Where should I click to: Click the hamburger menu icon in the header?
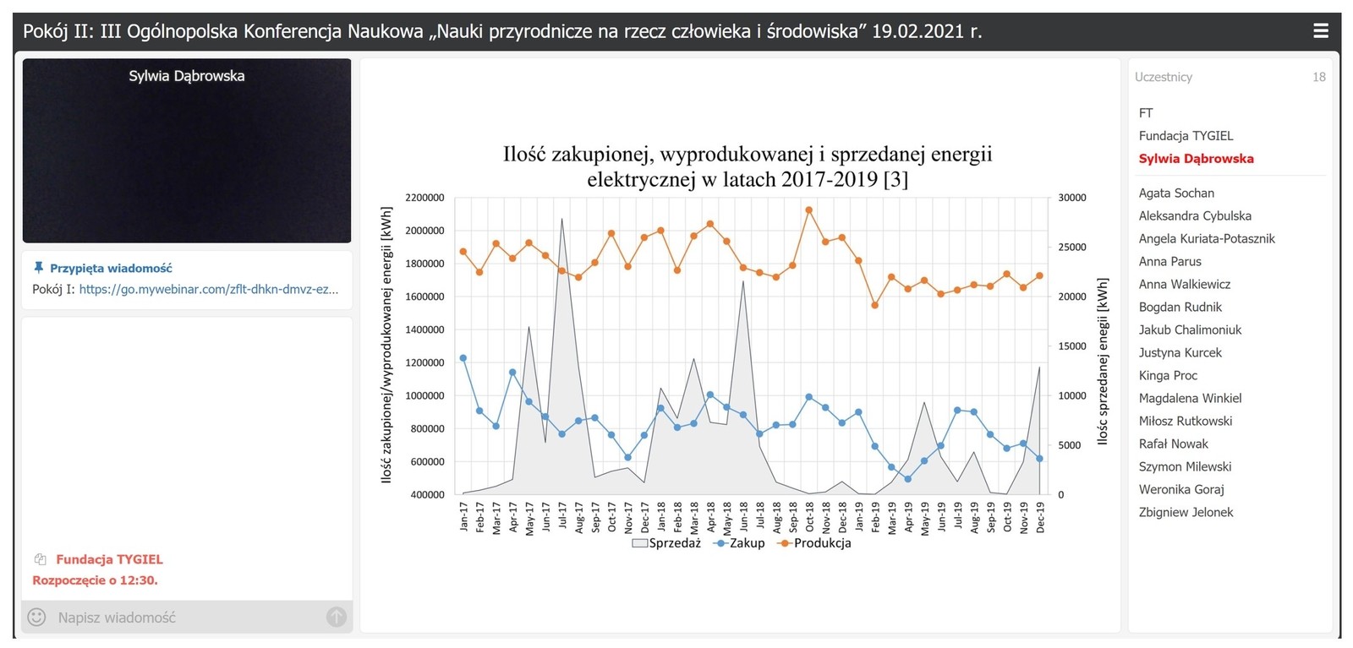pos(1320,31)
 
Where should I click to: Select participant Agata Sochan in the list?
pos(1175,193)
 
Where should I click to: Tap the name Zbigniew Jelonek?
pos(1186,513)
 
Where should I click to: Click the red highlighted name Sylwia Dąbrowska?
pos(1196,159)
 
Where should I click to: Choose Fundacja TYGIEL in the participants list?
pos(1186,136)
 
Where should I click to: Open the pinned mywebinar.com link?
pos(209,289)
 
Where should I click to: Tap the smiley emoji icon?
pos(36,618)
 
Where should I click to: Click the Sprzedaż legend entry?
pos(666,543)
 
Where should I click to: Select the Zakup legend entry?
pos(741,543)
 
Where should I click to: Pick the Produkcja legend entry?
pos(815,543)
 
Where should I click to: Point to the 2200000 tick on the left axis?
pos(425,198)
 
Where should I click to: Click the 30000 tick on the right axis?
pos(1072,198)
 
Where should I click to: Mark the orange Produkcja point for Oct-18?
pos(809,210)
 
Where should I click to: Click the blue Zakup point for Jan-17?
pos(463,358)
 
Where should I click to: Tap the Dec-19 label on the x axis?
pos(1040,516)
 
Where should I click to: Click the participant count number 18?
pos(1318,77)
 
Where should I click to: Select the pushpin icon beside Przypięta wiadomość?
pos(38,268)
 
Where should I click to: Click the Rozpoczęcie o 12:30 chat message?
pos(95,580)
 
